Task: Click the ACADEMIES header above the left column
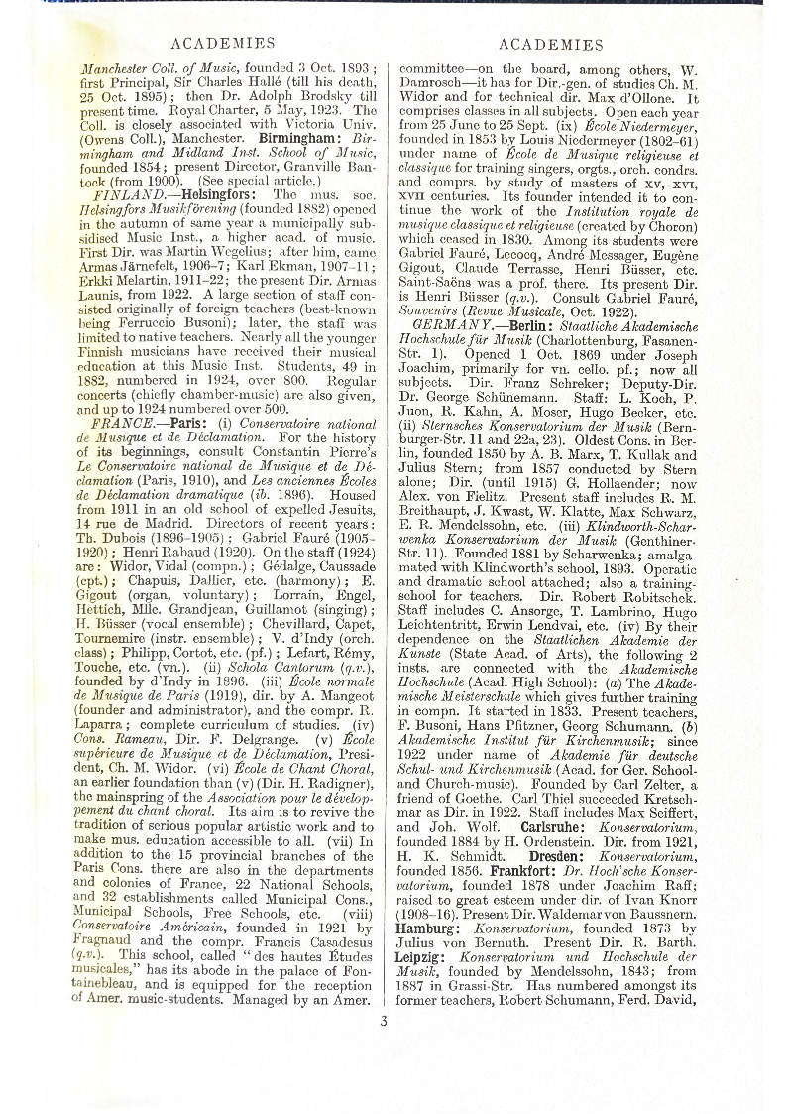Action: pyautogui.click(x=223, y=44)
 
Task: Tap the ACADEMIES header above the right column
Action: pyautogui.click(x=551, y=44)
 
